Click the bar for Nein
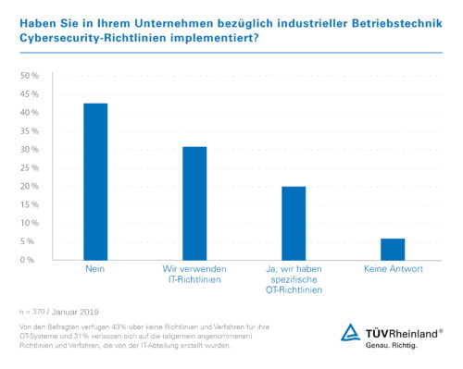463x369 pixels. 94,181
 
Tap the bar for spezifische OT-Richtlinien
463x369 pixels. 293,223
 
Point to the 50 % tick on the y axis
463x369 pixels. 29,76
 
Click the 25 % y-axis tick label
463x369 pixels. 29,167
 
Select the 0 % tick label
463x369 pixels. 31,260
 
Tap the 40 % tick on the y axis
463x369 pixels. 29,113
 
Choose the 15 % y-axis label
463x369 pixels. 29,204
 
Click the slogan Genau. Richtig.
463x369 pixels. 395,345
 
